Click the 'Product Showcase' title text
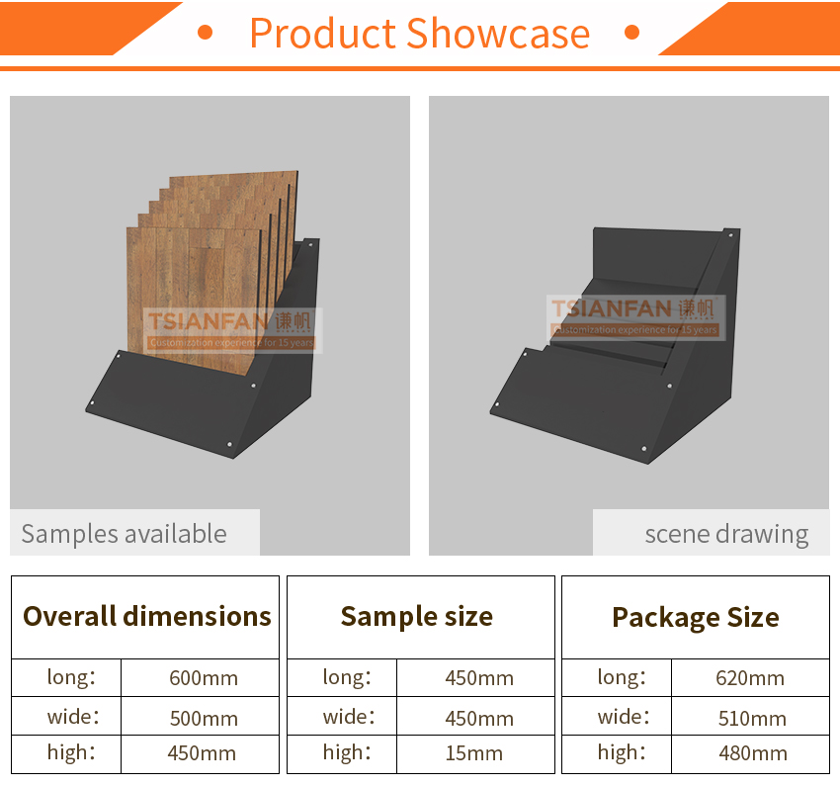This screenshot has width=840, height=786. (419, 34)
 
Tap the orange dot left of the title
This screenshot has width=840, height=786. (206, 33)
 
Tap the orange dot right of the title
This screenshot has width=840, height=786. (632, 33)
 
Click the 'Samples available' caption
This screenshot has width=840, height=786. (124, 534)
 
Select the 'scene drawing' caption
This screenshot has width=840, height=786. (726, 535)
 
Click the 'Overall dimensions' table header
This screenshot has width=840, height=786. (147, 616)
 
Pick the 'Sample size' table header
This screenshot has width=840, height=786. (417, 617)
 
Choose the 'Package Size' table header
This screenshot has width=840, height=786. (696, 618)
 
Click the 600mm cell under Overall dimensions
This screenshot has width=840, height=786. (204, 678)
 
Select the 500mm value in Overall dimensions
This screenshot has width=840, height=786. (204, 718)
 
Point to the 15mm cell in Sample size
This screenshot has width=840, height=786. (474, 752)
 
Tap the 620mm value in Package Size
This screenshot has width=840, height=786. (750, 678)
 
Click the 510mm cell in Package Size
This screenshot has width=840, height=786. (752, 718)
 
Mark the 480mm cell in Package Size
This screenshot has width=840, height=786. (753, 752)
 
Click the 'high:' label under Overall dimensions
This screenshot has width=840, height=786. (71, 752)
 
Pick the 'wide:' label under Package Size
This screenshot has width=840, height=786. (624, 717)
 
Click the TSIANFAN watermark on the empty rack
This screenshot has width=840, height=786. (635, 317)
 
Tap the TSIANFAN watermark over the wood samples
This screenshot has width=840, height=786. (232, 330)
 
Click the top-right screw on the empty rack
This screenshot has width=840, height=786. (730, 234)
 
